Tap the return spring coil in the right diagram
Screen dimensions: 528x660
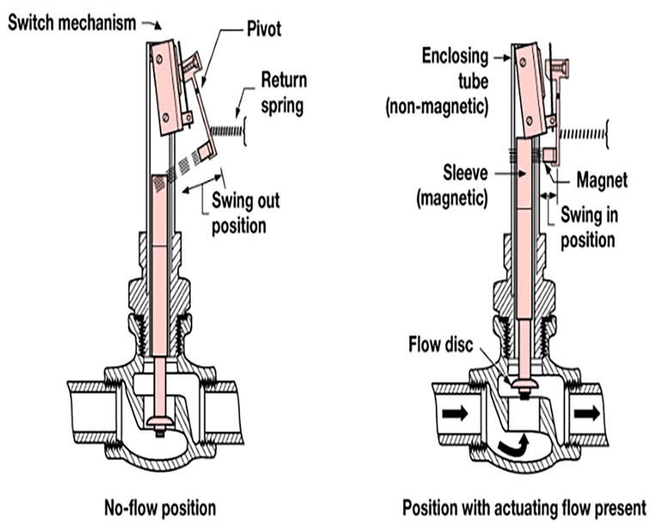[585, 134]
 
